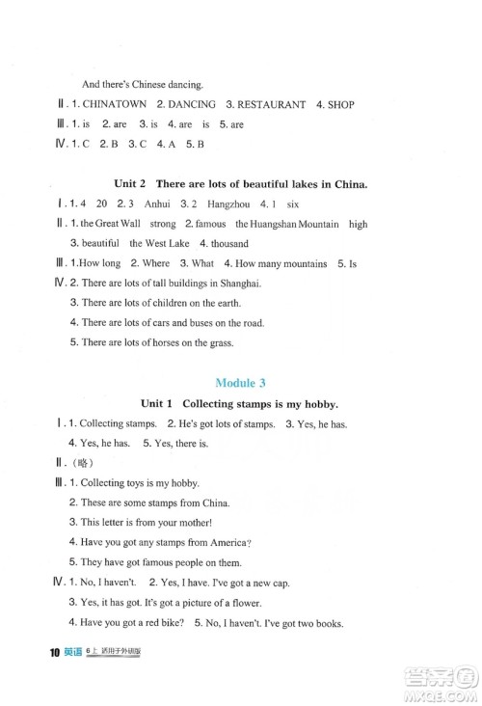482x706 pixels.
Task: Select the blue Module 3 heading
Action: [240, 383]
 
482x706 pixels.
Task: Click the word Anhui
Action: [157, 204]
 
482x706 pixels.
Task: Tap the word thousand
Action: [230, 243]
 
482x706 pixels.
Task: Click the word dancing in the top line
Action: [195, 85]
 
